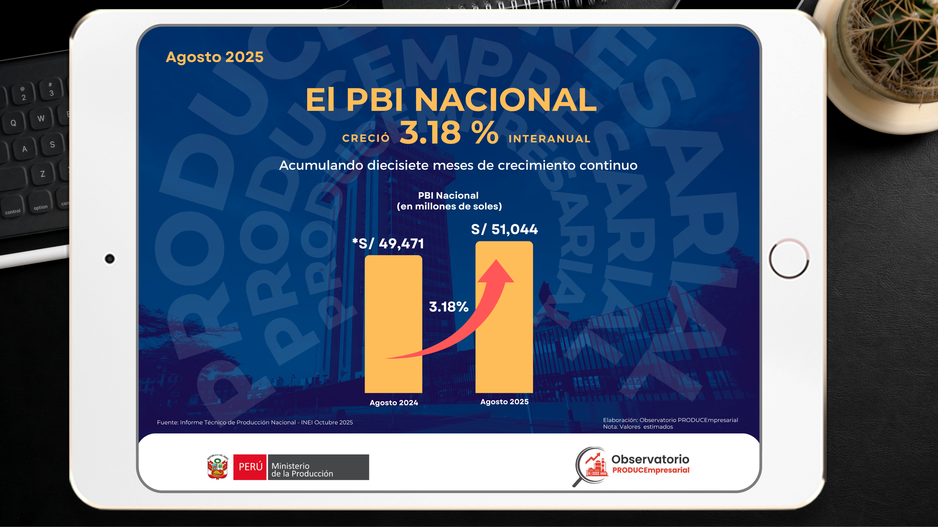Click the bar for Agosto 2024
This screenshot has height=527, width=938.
click(x=393, y=324)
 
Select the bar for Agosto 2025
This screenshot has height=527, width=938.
click(x=504, y=317)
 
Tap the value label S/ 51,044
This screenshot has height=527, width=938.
click(x=504, y=229)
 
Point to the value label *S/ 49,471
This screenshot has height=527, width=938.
click(x=388, y=243)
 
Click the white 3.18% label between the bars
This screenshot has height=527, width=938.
click(x=449, y=306)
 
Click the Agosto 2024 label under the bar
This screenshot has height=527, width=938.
click(x=394, y=402)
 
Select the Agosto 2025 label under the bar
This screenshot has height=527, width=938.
click(x=504, y=401)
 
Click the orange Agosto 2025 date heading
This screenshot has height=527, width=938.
click(x=214, y=57)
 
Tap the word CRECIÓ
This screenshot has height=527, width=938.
click(x=366, y=138)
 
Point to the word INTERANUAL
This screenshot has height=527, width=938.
click(x=549, y=139)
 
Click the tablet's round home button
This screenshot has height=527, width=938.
click(x=789, y=259)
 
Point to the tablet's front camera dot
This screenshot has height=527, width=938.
click(x=110, y=259)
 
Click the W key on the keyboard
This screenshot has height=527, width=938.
click(x=41, y=118)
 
